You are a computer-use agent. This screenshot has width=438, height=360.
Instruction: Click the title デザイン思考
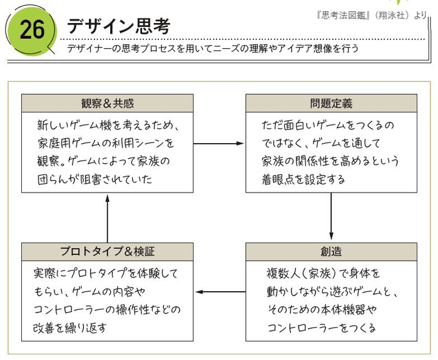coord(118,26)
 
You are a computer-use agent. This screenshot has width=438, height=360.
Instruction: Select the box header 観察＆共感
coord(107,103)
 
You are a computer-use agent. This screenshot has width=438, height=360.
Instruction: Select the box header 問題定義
coord(330,103)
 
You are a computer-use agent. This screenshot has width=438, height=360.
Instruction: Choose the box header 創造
coord(330,252)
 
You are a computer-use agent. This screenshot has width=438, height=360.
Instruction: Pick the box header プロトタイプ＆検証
coord(107,252)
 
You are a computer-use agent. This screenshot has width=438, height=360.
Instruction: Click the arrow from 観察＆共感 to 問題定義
coord(219,143)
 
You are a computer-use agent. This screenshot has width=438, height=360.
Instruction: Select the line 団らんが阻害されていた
coord(94,180)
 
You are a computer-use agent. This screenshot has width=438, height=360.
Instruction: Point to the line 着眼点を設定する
coord(303,180)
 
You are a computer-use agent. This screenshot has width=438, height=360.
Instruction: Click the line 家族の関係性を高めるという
coord(328,162)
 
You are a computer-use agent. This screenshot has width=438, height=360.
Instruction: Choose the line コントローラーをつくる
coord(321,327)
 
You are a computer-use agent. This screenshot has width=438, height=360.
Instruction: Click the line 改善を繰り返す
coord(69,327)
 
